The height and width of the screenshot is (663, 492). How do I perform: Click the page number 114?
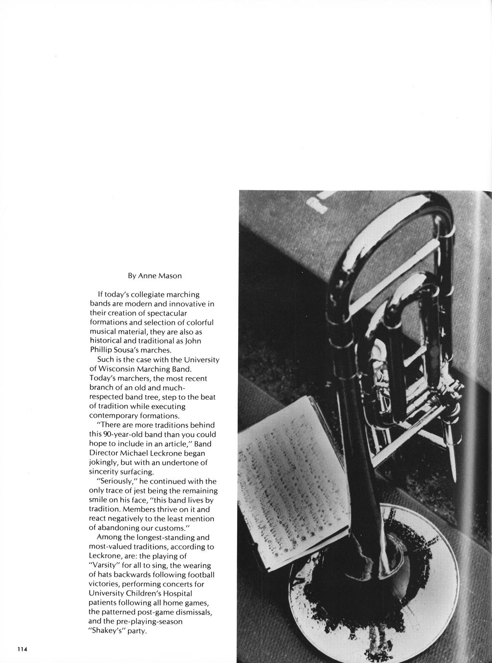(x=23, y=649)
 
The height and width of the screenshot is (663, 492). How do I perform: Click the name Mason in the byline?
(x=170, y=276)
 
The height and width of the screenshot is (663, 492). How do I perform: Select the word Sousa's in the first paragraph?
(x=126, y=350)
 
